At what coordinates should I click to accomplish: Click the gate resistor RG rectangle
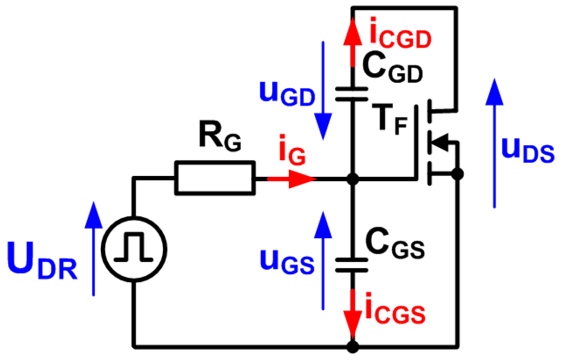(214, 178)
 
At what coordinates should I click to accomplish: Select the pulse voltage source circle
(134, 249)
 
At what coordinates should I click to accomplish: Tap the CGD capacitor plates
(352, 94)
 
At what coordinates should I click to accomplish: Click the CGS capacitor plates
(352, 265)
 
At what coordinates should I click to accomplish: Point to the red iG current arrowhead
(302, 179)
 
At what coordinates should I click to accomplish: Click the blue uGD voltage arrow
(323, 92)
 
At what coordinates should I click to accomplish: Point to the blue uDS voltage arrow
(494, 142)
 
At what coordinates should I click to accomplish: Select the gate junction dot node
(352, 179)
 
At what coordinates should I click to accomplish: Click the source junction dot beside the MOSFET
(457, 174)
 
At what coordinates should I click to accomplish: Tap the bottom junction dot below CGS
(352, 347)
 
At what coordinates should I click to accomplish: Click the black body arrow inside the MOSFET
(439, 142)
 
